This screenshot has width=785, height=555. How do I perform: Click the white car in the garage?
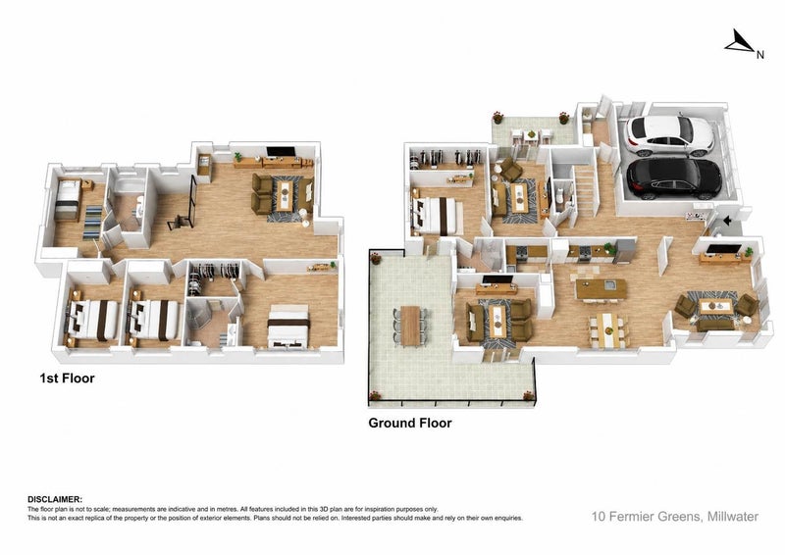point(670,134)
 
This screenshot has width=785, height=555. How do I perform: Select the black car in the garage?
point(674,178)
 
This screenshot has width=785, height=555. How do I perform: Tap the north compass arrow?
point(739,41)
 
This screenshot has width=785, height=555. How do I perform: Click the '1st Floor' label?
point(67,378)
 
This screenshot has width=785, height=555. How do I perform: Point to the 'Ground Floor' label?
point(410,423)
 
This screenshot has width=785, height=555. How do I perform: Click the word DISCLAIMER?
point(55,499)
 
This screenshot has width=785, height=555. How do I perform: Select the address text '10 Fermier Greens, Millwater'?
point(675,517)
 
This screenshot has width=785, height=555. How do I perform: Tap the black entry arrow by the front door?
point(727,220)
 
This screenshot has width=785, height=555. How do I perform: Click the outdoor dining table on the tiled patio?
point(410,326)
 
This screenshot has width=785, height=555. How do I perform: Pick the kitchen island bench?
point(601,289)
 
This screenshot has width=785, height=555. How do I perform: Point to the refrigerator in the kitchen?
point(625,251)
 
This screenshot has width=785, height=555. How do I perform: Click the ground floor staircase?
point(585,190)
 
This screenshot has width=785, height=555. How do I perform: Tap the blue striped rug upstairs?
point(93,223)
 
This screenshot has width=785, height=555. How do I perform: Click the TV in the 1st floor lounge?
point(281,152)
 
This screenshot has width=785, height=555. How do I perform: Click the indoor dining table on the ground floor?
point(607,329)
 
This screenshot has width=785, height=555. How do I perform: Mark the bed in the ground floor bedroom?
point(438,216)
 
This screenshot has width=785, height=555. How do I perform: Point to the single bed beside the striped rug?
point(68,200)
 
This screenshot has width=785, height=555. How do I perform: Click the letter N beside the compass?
point(759,55)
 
